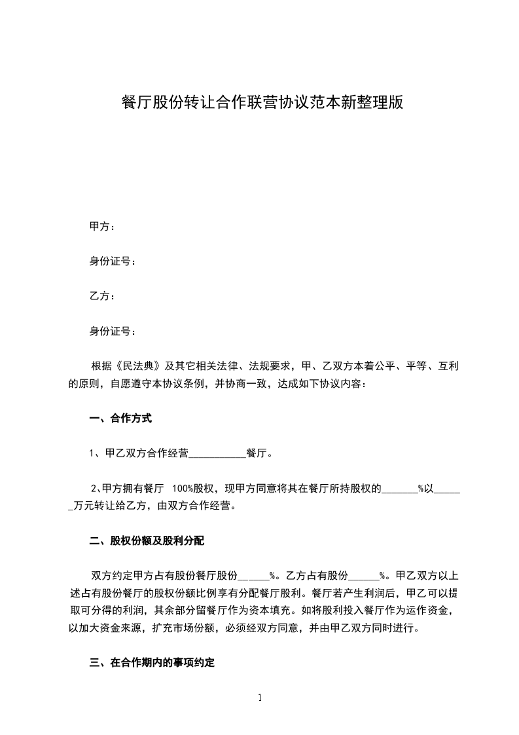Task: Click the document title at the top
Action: click(x=259, y=103)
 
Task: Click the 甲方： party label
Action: click(x=102, y=227)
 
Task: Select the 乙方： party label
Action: click(x=102, y=296)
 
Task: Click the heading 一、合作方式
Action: click(x=120, y=418)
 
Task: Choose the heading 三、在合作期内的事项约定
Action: click(x=152, y=663)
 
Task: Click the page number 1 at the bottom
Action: click(x=260, y=698)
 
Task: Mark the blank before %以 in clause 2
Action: click(x=399, y=489)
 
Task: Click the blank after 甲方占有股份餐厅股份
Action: click(x=253, y=576)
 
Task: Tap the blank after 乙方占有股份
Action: click(x=363, y=576)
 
